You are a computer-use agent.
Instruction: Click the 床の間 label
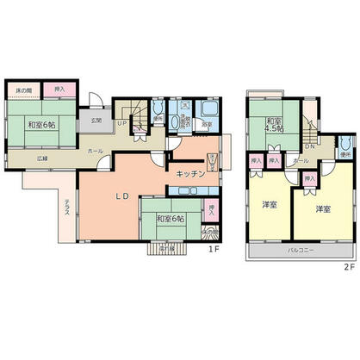[x=26, y=90]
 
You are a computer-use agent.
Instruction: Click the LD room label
[x=122, y=196]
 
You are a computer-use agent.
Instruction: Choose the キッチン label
[x=189, y=174]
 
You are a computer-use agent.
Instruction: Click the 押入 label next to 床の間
[x=59, y=90]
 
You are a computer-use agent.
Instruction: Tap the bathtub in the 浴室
[x=207, y=110]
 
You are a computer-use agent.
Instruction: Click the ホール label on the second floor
[x=300, y=161]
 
